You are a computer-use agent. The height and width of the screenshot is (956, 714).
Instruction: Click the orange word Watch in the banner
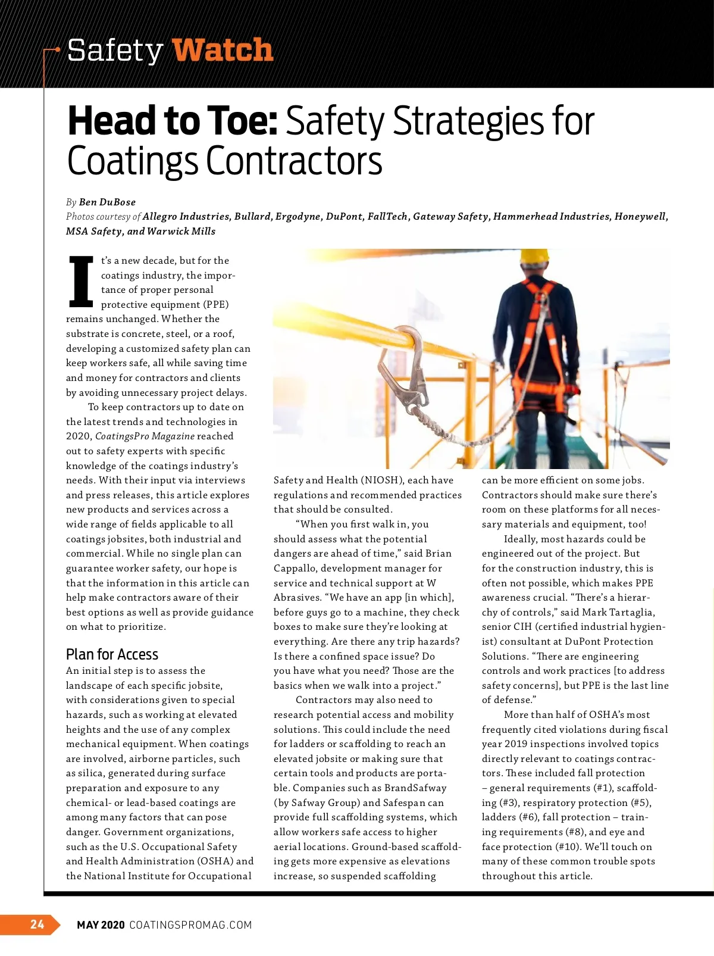point(223,49)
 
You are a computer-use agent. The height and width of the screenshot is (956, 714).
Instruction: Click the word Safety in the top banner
point(115,51)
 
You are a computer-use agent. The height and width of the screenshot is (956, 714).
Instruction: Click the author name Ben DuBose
point(107,202)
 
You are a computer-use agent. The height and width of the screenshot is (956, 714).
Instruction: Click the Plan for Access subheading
point(112,655)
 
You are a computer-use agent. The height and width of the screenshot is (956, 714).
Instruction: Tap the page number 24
point(37,924)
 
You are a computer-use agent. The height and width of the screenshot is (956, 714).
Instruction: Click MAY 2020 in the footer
point(101,924)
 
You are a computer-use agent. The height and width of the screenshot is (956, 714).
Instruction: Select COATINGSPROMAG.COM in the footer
point(190,924)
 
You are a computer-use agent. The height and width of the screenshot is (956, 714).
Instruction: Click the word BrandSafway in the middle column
point(415,788)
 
